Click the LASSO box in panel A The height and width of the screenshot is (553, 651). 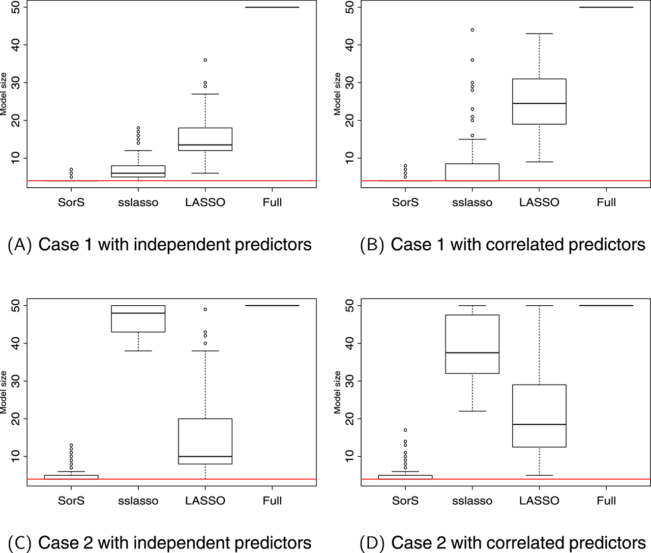tap(205, 139)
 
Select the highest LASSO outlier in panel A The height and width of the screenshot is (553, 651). tap(205, 60)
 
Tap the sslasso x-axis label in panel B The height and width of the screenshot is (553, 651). tap(472, 202)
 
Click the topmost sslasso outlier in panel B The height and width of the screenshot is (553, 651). tap(472, 30)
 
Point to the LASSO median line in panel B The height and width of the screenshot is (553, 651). tap(539, 103)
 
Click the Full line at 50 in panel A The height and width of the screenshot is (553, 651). tap(272, 7)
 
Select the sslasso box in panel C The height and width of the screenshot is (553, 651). tap(138, 319)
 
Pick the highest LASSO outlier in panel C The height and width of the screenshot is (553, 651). tap(205, 309)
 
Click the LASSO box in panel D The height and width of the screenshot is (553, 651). tap(539, 416)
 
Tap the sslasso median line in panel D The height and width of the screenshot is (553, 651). tap(472, 353)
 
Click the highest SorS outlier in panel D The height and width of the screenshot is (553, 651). tap(405, 430)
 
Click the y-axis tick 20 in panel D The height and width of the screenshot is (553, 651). tap(350, 419)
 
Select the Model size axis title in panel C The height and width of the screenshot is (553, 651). tap(4, 392)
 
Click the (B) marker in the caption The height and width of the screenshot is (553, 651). tap(372, 245)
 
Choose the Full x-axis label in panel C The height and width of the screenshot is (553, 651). tap(272, 501)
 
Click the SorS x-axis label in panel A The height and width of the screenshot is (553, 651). tap(71, 202)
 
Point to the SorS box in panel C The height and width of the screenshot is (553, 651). tap(71, 477)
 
